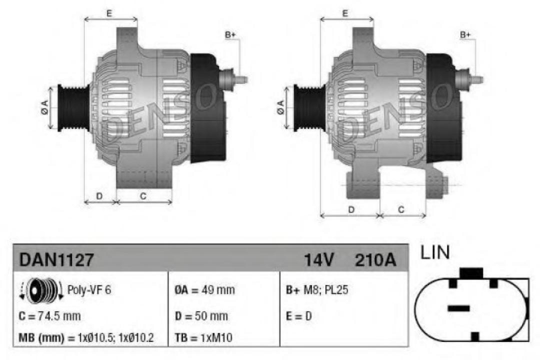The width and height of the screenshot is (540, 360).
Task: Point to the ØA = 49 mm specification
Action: tap(204, 290)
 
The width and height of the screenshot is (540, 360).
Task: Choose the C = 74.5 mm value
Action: tap(49, 316)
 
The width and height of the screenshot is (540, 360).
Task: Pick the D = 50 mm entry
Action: tap(201, 316)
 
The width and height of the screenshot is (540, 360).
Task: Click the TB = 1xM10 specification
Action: tap(203, 338)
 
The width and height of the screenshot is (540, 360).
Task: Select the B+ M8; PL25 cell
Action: tap(316, 290)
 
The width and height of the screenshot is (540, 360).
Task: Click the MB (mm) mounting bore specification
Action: tap(86, 338)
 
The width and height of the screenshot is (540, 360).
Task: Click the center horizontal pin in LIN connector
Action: tap(458, 308)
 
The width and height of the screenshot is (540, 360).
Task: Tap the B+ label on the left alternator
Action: tap(230, 35)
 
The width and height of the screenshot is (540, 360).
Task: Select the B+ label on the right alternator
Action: tap(465, 35)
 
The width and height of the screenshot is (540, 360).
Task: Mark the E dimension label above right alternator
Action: tap(345, 13)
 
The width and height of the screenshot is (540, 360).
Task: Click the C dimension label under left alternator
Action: tap(143, 196)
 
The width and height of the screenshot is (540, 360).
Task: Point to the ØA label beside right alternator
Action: tap(280, 107)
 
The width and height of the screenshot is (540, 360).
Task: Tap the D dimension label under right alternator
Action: tap(351, 209)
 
